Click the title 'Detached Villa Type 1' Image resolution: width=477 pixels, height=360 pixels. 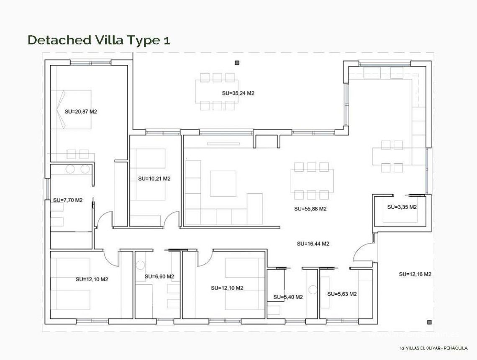click(x=99, y=40)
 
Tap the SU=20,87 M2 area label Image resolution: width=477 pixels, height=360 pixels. click(x=81, y=112)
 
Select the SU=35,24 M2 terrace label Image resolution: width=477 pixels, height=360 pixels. click(x=238, y=93)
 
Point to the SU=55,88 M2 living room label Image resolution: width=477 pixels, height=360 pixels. click(x=310, y=208)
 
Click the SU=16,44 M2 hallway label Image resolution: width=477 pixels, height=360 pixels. click(x=313, y=244)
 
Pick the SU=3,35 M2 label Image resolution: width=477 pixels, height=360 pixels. click(x=402, y=207)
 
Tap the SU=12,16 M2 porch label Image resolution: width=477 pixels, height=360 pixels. click(x=415, y=274)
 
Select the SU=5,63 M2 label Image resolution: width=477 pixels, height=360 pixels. click(x=342, y=294)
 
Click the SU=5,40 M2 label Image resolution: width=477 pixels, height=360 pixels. click(x=288, y=297)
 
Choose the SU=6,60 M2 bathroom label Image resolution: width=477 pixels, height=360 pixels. click(x=159, y=276)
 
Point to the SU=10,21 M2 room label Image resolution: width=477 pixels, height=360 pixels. click(x=154, y=178)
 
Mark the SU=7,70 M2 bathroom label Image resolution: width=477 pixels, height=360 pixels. click(x=68, y=200)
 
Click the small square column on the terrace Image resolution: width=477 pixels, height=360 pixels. click(x=237, y=63)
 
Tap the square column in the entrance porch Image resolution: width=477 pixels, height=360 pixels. click(x=429, y=322)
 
